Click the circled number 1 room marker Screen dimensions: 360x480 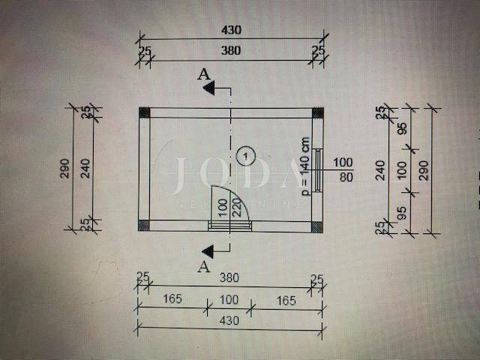coord(245,155)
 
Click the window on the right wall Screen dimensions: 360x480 coord(318,169)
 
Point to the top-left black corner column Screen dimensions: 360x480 coord(145,112)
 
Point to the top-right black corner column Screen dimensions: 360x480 coord(318,112)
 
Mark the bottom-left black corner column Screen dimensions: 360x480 coord(145,226)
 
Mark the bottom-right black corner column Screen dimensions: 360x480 coord(318,226)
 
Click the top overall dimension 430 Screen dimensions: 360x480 coord(230,30)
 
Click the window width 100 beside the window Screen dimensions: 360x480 coord(343,162)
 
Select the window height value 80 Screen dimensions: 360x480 coord(343,178)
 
